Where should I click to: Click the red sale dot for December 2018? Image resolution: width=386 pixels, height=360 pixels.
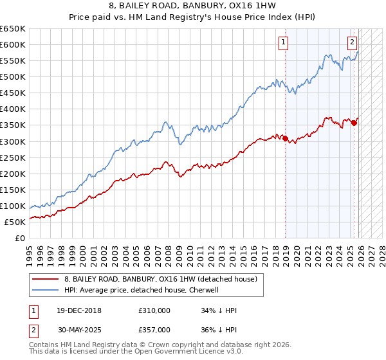click(x=286, y=138)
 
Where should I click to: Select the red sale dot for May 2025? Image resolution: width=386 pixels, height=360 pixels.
click(x=354, y=123)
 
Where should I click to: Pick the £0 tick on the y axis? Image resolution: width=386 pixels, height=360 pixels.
click(x=21, y=239)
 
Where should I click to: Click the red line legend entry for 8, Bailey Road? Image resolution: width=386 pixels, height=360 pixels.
click(x=161, y=279)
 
